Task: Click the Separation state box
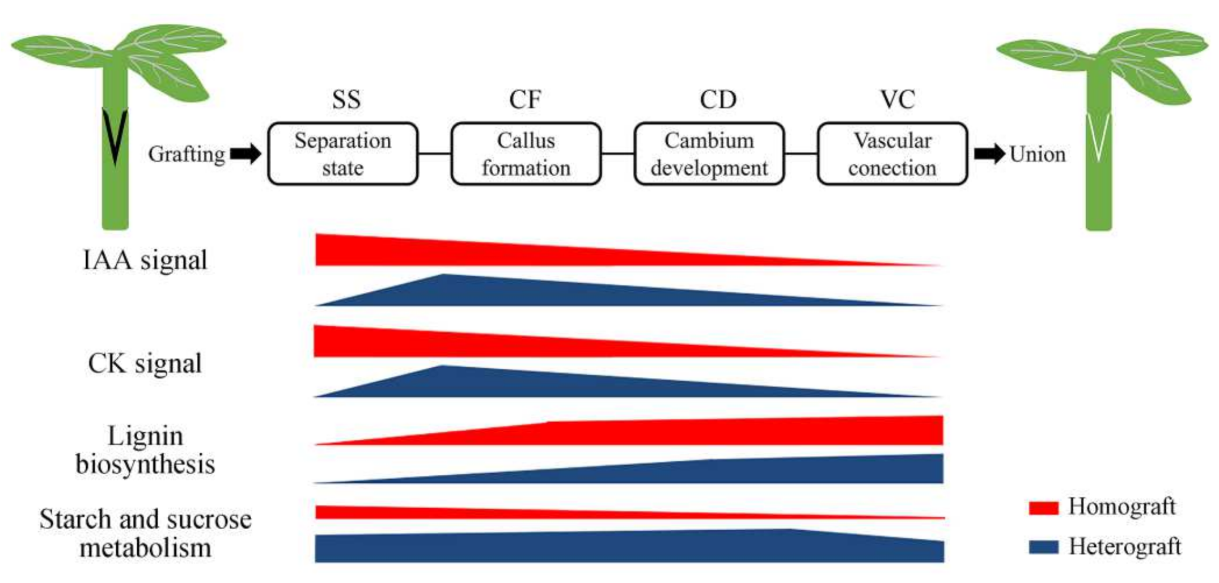(343, 154)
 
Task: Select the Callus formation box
(526, 154)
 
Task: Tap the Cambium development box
(709, 154)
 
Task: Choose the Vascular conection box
(892, 154)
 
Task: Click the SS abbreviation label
(346, 100)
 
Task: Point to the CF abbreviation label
(525, 100)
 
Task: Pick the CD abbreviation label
(718, 100)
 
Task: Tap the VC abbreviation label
(898, 100)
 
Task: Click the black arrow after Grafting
(246, 153)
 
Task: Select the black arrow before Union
(989, 154)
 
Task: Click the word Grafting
(187, 154)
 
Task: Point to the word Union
(1038, 154)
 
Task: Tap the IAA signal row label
(145, 261)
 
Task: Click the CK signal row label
(145, 363)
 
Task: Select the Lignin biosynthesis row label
(145, 450)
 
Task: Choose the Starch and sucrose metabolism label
(145, 533)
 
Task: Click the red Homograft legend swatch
(1043, 507)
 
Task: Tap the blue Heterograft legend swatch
(1043, 547)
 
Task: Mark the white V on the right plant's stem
(1099, 136)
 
